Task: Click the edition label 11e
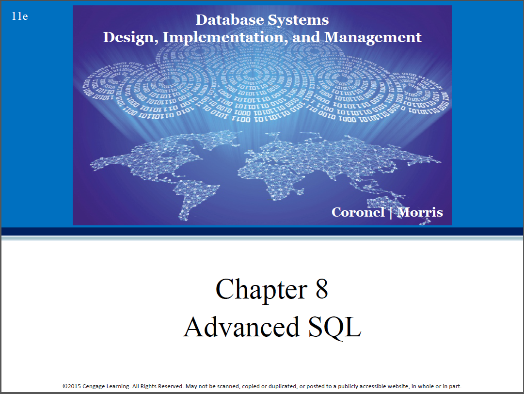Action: [x=20, y=16]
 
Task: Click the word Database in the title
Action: [x=230, y=19]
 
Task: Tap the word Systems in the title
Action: [x=299, y=20]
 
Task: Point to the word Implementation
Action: [x=225, y=37]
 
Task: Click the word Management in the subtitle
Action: [x=373, y=37]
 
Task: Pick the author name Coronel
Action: [x=358, y=212]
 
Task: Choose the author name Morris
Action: [x=420, y=212]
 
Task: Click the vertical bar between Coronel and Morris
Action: [x=391, y=213]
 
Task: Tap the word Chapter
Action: [x=261, y=289]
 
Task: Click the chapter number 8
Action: [x=321, y=289]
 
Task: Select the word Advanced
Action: [x=241, y=327]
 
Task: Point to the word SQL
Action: [x=334, y=327]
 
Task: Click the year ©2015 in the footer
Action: [x=72, y=386]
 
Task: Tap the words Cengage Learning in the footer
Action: [x=106, y=386]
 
